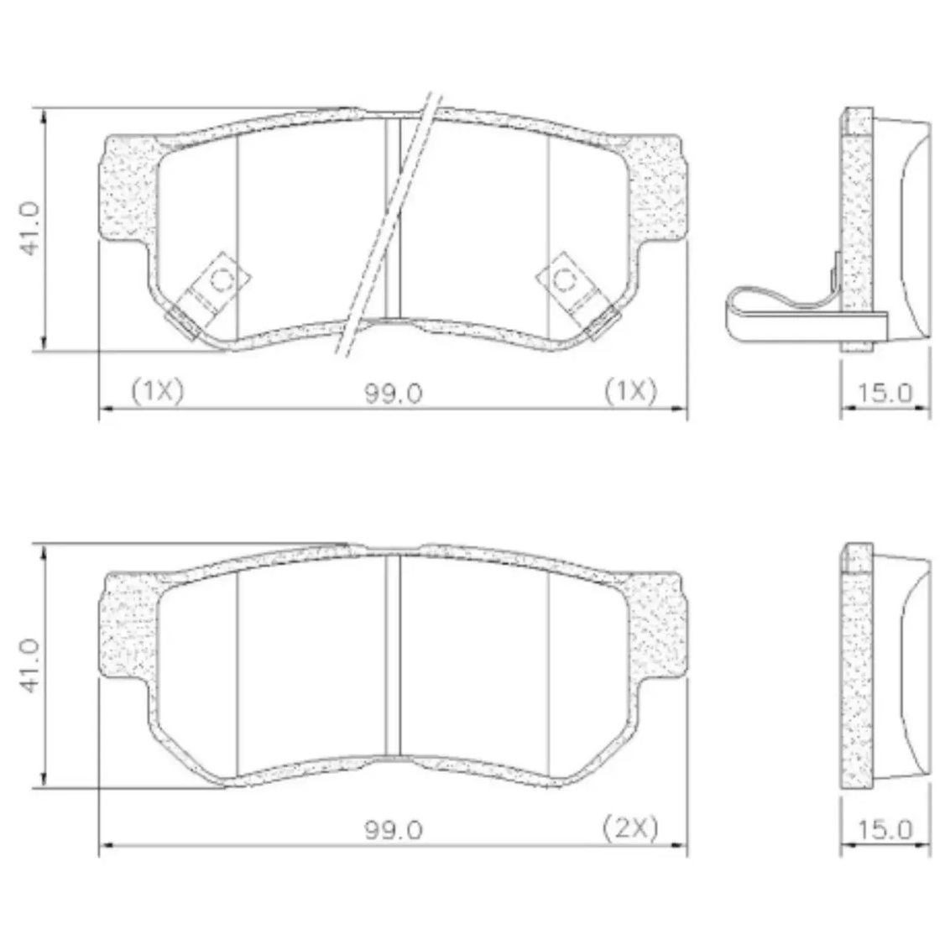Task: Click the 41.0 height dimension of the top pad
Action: [29, 228]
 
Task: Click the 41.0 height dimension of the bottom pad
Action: [29, 665]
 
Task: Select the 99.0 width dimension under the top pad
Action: [394, 394]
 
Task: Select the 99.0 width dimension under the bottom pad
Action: [394, 830]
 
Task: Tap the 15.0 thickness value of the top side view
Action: [885, 394]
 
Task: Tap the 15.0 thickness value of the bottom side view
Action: [885, 829]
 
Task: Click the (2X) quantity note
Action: [630, 827]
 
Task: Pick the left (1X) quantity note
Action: [157, 391]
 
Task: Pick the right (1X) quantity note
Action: [631, 391]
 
